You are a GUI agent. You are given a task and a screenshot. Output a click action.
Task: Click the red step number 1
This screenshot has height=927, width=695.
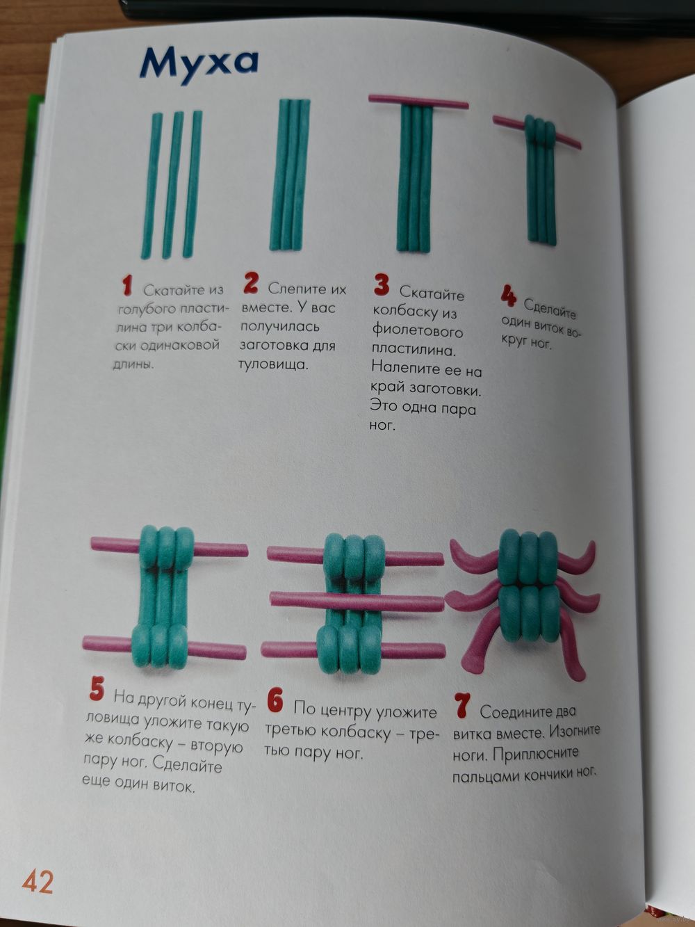126,286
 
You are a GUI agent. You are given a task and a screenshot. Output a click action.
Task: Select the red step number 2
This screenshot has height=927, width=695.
251,282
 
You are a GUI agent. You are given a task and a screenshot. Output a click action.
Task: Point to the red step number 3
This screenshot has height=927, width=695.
382,284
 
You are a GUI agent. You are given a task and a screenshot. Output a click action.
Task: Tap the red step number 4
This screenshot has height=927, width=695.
509,296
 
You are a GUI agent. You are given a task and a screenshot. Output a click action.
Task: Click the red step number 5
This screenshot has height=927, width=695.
97,688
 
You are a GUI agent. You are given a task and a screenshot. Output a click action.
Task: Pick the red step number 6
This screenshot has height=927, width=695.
275,700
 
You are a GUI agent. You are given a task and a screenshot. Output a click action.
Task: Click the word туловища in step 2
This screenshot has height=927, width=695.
273,364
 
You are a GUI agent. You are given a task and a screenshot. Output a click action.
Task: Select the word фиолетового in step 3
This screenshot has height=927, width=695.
417,331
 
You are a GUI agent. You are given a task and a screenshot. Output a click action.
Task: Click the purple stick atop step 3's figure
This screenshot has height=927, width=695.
418,102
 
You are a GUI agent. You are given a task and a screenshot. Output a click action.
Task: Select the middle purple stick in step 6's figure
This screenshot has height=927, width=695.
357,603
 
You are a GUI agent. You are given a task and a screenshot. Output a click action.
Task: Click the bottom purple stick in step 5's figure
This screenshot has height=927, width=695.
164,648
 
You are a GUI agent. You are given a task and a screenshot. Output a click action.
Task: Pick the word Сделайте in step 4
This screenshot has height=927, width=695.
550,309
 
